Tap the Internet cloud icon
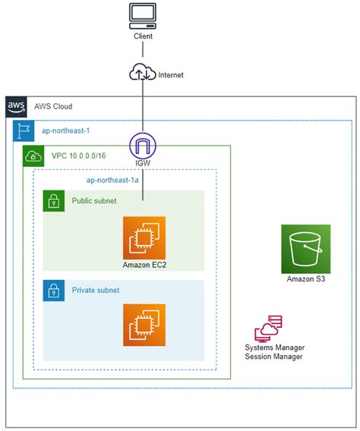pos(143,74)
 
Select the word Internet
pos(172,75)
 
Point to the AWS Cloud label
pos(52,107)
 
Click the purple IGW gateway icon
pos(143,146)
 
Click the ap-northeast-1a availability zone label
pos(112,180)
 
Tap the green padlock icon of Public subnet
pos(53,201)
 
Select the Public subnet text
pos(96,201)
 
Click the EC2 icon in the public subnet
pos(144,238)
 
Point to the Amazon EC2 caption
pos(144,265)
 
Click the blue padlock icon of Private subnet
pos(53,290)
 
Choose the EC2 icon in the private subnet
pos(144,326)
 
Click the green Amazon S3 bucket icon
pos(305,248)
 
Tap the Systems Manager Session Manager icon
pos(268,329)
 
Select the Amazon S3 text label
pos(305,279)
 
